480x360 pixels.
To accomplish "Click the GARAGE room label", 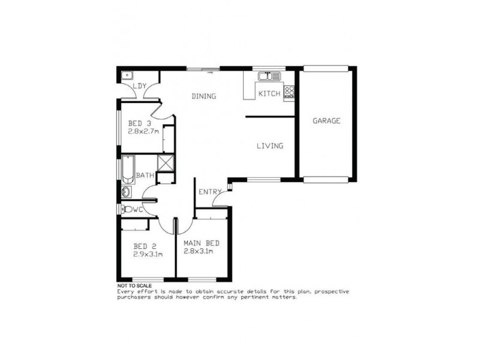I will [x=326, y=121].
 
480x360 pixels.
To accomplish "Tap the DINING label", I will [x=203, y=96].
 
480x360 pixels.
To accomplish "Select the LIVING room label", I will [x=269, y=146].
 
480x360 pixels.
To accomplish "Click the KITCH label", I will [x=269, y=94].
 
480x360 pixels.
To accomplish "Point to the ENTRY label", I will [x=209, y=192].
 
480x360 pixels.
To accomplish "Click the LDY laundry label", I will [x=139, y=86].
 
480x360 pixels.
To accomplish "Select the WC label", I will [x=137, y=209].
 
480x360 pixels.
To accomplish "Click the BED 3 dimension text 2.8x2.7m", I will [x=143, y=131].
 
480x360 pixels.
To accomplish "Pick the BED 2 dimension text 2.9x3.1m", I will [x=148, y=254].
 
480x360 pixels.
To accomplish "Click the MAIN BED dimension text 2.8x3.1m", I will [x=201, y=251].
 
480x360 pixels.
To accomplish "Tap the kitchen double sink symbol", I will [x=269, y=76].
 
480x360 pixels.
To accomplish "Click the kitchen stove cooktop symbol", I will [x=289, y=92].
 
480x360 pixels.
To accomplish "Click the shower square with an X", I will [x=166, y=163].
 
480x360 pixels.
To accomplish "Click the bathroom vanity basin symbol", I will [x=126, y=192].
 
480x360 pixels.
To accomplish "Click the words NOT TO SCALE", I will [x=134, y=286].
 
